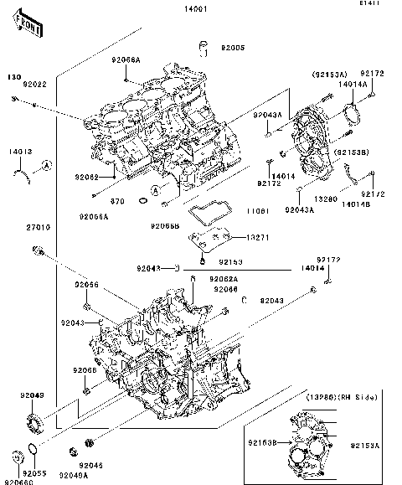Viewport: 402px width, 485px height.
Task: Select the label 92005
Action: coord(234,49)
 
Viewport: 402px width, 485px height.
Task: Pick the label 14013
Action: coord(21,152)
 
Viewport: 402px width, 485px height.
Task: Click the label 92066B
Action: coord(164,226)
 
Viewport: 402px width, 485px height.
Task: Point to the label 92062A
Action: coord(224,278)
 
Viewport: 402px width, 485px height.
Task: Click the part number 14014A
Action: coord(353,85)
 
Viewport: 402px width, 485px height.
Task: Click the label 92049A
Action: coord(72,476)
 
